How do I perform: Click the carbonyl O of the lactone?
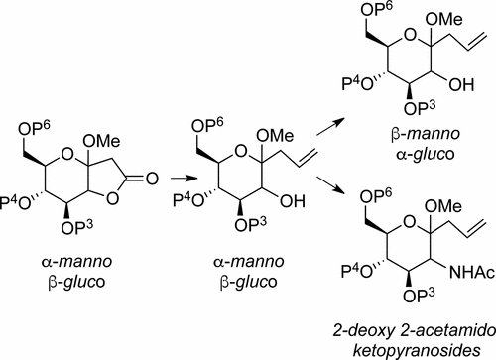152,179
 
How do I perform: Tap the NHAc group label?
472,273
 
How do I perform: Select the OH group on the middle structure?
293,201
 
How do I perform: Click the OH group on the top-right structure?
461,85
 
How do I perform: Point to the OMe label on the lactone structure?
101,141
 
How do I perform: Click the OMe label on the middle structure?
275,136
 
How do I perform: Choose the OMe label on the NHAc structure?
443,206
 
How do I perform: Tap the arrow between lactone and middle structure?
184,179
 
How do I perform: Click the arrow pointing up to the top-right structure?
329,126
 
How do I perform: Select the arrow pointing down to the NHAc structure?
329,185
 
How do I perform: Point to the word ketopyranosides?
417,350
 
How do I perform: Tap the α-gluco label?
426,154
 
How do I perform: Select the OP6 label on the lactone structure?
34,127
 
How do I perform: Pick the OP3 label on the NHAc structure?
419,295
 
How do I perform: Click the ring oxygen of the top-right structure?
410,35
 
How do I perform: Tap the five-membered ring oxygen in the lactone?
112,198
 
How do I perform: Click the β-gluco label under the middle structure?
249,282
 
